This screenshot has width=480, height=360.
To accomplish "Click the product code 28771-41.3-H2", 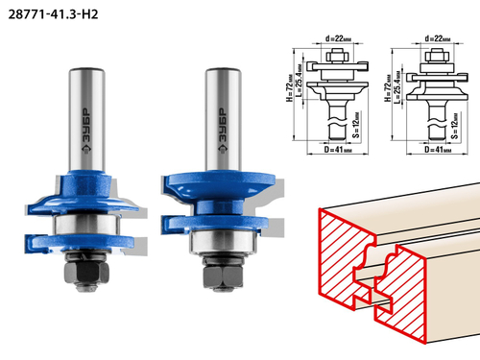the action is tap(53, 14).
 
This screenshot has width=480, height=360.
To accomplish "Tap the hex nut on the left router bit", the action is tap(86, 272).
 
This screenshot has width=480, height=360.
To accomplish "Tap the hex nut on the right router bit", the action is tap(223, 276).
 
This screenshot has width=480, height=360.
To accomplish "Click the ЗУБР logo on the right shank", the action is tap(223, 131).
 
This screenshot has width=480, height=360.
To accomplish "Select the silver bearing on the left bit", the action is tap(86, 225).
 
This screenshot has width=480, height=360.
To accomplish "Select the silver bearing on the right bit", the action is tap(223, 242).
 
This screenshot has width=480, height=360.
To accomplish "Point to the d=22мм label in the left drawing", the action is tap(338, 38).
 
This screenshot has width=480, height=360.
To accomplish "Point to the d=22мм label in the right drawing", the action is tap(438, 38).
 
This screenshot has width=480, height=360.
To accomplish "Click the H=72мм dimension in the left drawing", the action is tap(289, 88).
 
